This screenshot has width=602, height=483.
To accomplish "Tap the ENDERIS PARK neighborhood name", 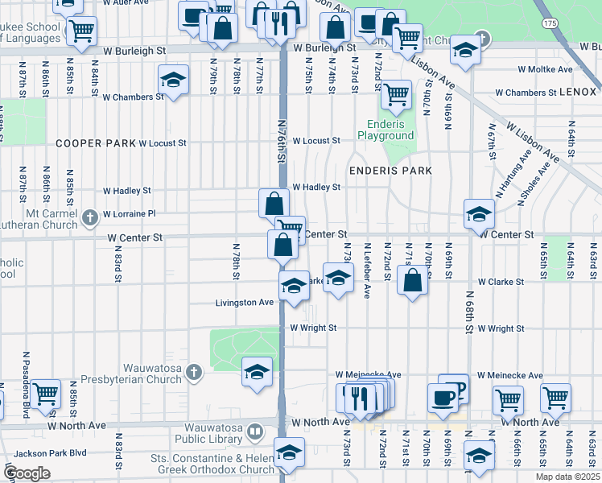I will pos(390,171).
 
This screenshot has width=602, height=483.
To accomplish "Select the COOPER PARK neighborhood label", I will pos(95,143).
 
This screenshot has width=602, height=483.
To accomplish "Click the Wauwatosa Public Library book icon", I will pos(254,432).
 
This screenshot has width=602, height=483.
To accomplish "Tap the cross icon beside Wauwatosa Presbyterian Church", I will pos(193,372).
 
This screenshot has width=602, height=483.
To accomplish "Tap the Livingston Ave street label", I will pos(244,303).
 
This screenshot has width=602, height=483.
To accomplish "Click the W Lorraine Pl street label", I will pos(129,214).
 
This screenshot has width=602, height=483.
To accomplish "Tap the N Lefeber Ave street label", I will pos(367,270).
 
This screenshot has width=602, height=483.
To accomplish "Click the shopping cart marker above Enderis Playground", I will pos(395,94).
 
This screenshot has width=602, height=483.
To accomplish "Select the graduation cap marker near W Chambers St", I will pos(172,80).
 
